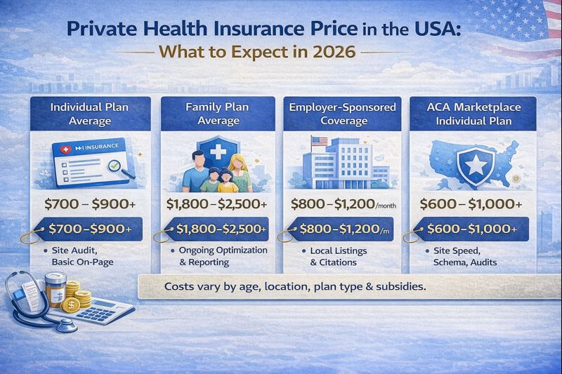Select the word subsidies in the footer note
coord(400,288)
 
